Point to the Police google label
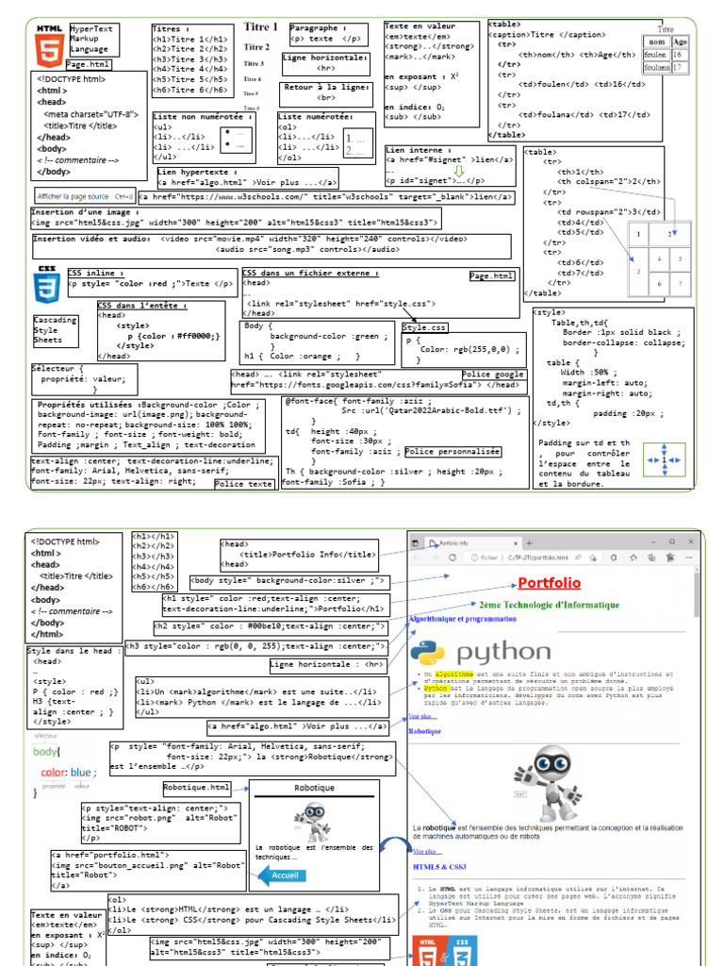[x=492, y=375]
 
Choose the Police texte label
[x=244, y=483]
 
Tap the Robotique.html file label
[x=196, y=787]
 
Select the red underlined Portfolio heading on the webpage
[x=549, y=584]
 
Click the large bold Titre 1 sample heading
[x=261, y=27]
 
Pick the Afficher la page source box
[x=85, y=196]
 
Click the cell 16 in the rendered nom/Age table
[x=678, y=56]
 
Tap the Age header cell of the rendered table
[x=680, y=42]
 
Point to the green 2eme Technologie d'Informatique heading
[x=549, y=605]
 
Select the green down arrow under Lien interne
[x=458, y=171]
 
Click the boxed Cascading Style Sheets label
[x=54, y=329]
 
